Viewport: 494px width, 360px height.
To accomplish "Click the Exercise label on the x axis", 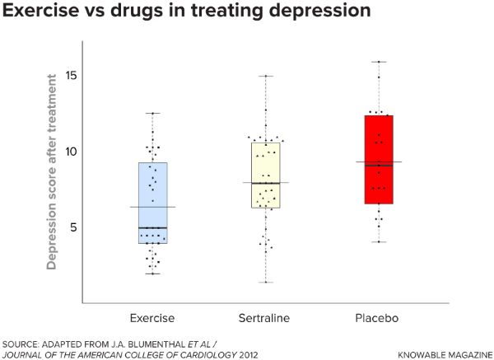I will (152, 317).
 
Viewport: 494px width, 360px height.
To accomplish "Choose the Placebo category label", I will (379, 317).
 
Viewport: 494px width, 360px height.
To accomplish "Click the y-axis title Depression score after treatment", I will (52, 171).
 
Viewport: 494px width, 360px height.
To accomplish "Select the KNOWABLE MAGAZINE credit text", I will (444, 353).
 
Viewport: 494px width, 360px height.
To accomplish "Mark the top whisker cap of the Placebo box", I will (379, 62).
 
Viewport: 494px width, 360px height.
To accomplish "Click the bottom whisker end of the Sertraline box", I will (265, 283).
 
